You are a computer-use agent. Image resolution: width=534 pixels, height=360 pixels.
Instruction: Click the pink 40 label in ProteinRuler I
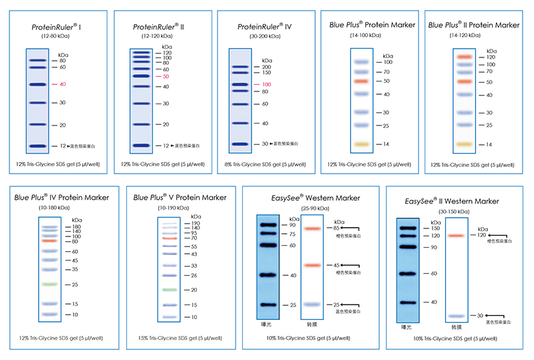(x=63, y=85)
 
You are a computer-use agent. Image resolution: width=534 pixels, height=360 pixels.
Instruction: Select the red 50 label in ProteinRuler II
(x=166, y=77)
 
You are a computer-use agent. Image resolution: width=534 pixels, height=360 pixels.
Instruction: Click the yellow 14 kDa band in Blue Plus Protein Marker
(x=362, y=144)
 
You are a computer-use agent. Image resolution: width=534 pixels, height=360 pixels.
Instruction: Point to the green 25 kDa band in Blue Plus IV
(x=51, y=285)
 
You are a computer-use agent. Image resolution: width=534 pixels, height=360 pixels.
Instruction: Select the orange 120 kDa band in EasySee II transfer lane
(x=456, y=236)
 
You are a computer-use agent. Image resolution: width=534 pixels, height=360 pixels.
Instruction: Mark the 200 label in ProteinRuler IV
(x=266, y=67)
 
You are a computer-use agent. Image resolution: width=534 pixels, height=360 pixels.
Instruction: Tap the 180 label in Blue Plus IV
(x=76, y=227)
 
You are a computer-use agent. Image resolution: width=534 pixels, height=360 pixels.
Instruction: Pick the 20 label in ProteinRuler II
(x=166, y=125)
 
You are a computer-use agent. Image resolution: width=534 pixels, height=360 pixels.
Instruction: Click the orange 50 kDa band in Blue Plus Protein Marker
(x=362, y=81)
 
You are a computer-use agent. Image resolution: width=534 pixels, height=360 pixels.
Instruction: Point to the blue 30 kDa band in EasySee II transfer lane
(x=456, y=315)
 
